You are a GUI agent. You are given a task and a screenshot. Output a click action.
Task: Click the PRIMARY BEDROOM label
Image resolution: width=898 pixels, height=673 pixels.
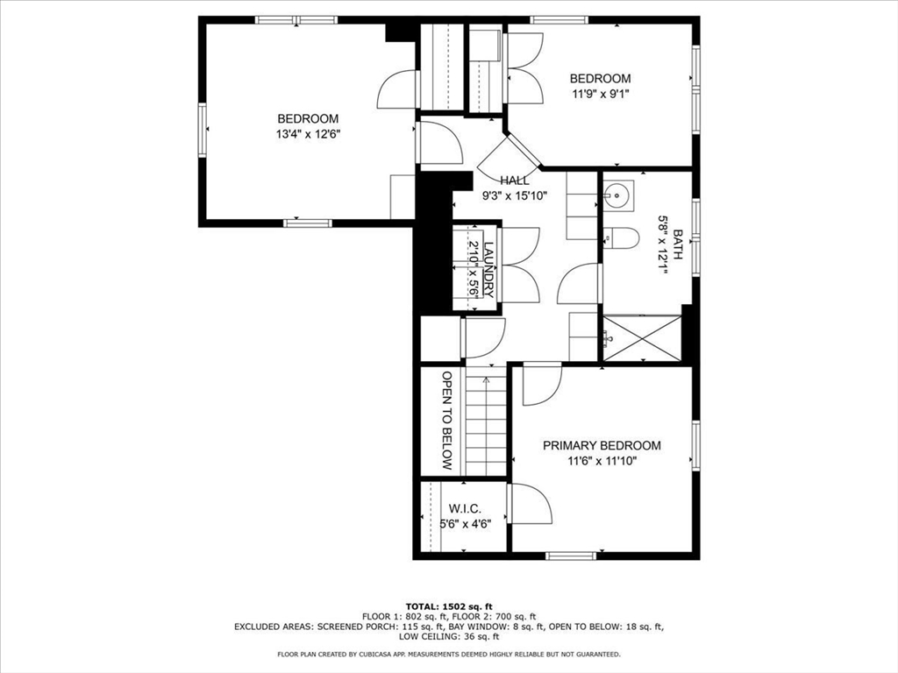click(x=602, y=445)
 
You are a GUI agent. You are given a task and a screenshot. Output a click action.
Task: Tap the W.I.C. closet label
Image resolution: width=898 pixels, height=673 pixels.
click(x=465, y=508)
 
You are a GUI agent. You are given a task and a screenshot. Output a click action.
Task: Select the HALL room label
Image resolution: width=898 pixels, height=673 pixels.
click(x=514, y=181)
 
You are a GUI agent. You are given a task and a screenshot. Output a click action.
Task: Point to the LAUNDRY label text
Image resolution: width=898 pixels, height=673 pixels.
click(x=488, y=270)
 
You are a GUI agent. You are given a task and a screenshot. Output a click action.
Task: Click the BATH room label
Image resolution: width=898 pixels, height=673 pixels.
click(x=678, y=244)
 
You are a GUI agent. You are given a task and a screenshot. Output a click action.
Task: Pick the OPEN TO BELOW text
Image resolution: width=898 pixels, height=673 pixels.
click(x=447, y=421)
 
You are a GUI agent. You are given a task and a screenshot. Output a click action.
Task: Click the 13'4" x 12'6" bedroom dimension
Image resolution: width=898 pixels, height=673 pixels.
click(x=308, y=134)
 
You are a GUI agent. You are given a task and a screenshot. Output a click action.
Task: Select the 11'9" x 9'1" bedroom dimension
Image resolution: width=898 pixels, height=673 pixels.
click(x=600, y=94)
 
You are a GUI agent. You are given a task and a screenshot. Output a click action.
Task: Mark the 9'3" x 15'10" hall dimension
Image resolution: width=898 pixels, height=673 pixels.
click(x=514, y=195)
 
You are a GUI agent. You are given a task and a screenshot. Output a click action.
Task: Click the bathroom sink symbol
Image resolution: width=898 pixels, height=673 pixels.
click(x=618, y=195)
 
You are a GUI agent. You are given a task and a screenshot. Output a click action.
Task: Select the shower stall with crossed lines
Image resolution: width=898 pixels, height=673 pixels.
click(x=642, y=337)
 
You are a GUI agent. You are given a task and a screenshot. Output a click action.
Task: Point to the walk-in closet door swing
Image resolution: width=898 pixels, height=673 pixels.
click(x=531, y=503)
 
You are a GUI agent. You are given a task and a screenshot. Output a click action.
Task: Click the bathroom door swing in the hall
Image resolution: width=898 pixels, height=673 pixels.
click(x=579, y=283)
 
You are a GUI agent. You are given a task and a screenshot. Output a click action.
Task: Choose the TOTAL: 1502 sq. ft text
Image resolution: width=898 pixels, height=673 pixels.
click(x=449, y=606)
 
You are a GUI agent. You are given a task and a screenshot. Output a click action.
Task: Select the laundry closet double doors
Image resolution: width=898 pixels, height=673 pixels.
click(x=519, y=265)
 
